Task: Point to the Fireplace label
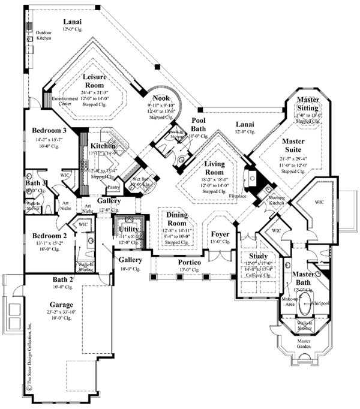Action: [238, 195]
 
